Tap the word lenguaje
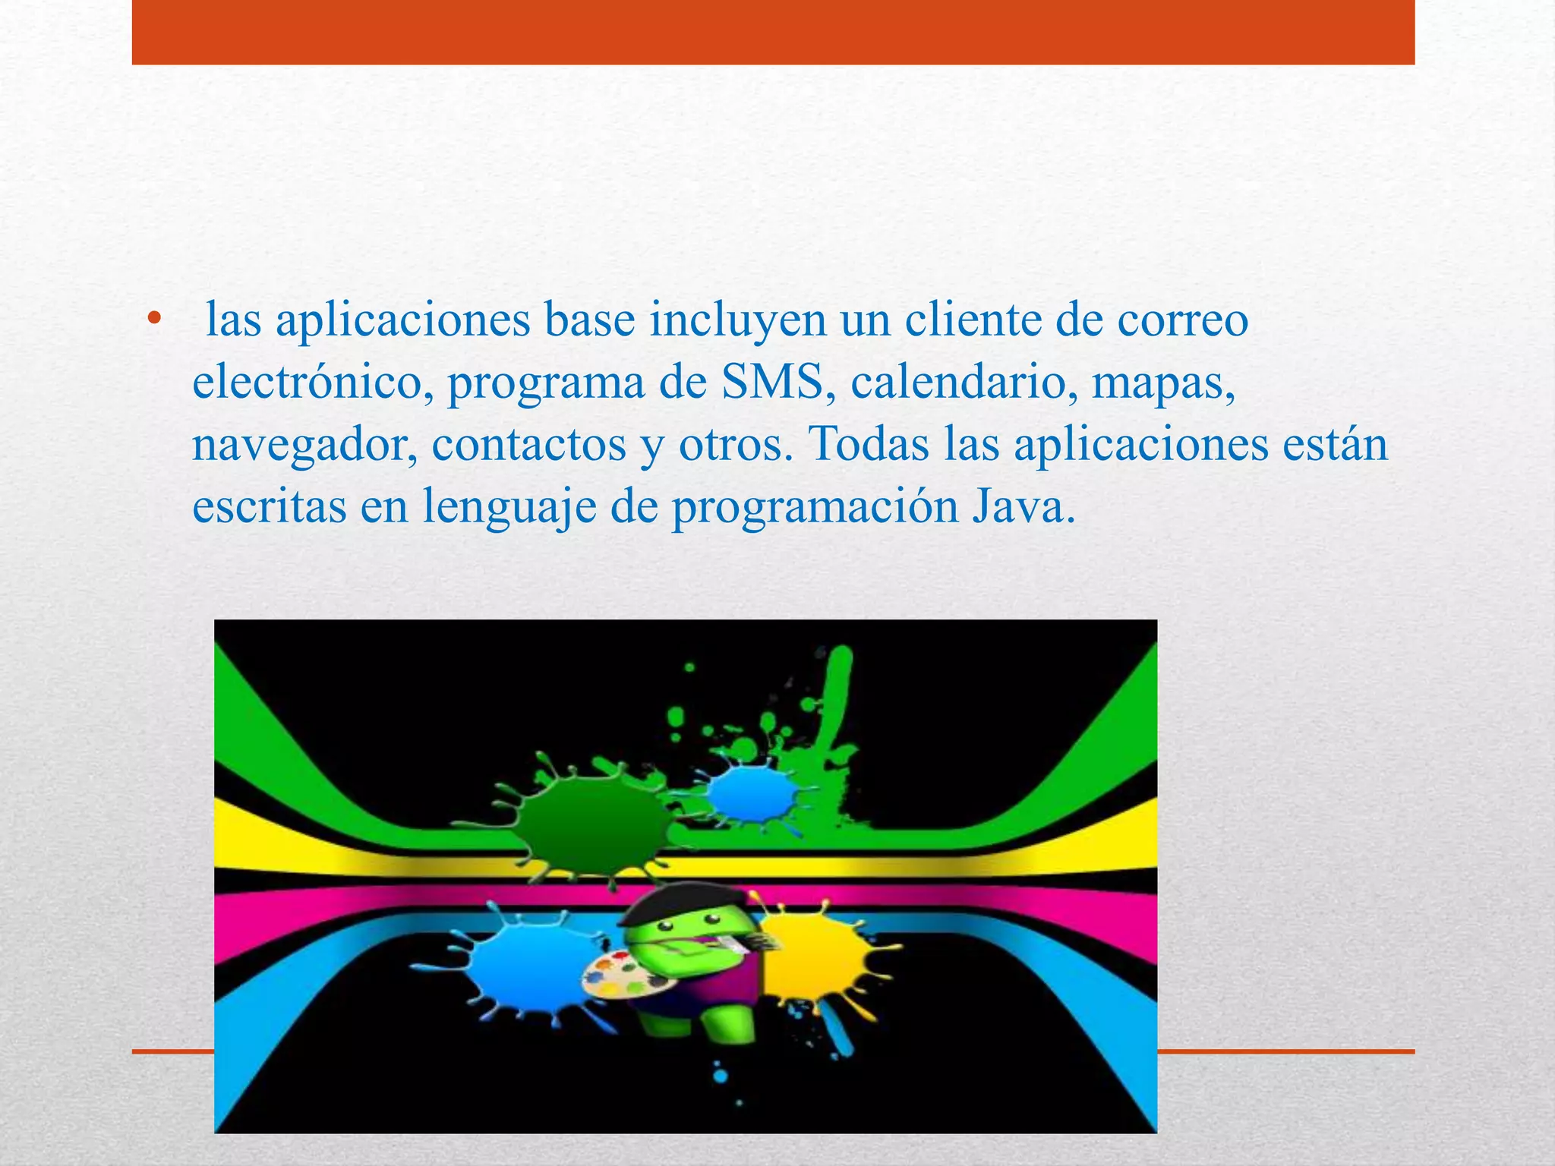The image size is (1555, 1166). [x=509, y=508]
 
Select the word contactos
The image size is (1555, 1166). [x=529, y=446]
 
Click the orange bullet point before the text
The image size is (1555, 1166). [x=155, y=319]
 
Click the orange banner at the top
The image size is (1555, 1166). [x=773, y=32]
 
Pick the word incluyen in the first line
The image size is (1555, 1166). [x=736, y=320]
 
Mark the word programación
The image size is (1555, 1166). [x=815, y=508]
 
